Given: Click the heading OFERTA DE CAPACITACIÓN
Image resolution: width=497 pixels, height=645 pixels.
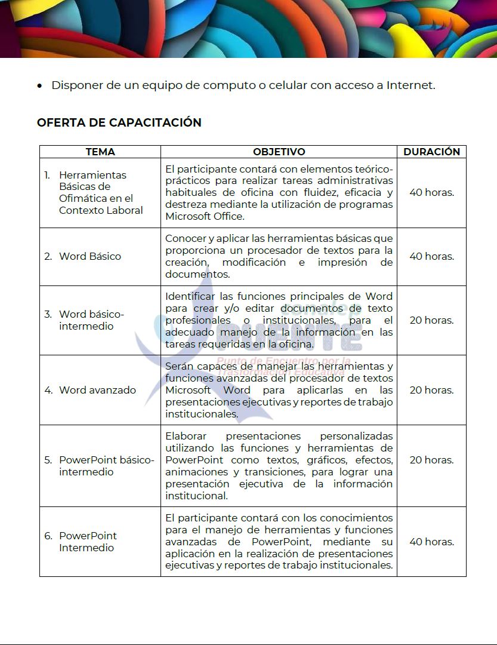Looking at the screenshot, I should (119, 122).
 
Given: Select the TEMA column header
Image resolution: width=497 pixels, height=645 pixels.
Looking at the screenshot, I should (100, 152).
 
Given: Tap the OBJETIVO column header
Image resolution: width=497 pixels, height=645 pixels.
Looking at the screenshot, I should (279, 152).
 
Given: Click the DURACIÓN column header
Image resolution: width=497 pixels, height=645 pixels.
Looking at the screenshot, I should (431, 152).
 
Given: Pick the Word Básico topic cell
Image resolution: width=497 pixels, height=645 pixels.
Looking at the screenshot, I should (89, 256).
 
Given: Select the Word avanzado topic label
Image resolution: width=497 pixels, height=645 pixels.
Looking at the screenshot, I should (97, 390).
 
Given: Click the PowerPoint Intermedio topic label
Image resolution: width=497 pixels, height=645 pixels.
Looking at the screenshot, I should (88, 542).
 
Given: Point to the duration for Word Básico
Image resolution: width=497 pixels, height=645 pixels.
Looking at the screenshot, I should (431, 256).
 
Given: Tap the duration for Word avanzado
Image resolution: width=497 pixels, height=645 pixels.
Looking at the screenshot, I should (431, 390).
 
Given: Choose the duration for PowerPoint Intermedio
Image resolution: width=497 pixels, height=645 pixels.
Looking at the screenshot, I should (431, 542).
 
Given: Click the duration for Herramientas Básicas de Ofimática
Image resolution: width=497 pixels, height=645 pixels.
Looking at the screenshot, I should (431, 192).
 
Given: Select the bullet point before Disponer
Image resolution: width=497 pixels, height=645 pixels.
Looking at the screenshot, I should (39, 86).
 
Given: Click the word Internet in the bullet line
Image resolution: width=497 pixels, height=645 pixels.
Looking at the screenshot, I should (410, 85).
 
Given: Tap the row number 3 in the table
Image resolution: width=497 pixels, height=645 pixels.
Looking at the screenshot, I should (48, 314).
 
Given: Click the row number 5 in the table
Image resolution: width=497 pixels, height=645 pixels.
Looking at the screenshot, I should (48, 460).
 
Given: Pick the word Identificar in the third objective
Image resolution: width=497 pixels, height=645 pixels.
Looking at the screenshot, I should (191, 296).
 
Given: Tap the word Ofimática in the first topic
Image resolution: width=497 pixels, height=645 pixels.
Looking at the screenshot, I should (83, 198).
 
